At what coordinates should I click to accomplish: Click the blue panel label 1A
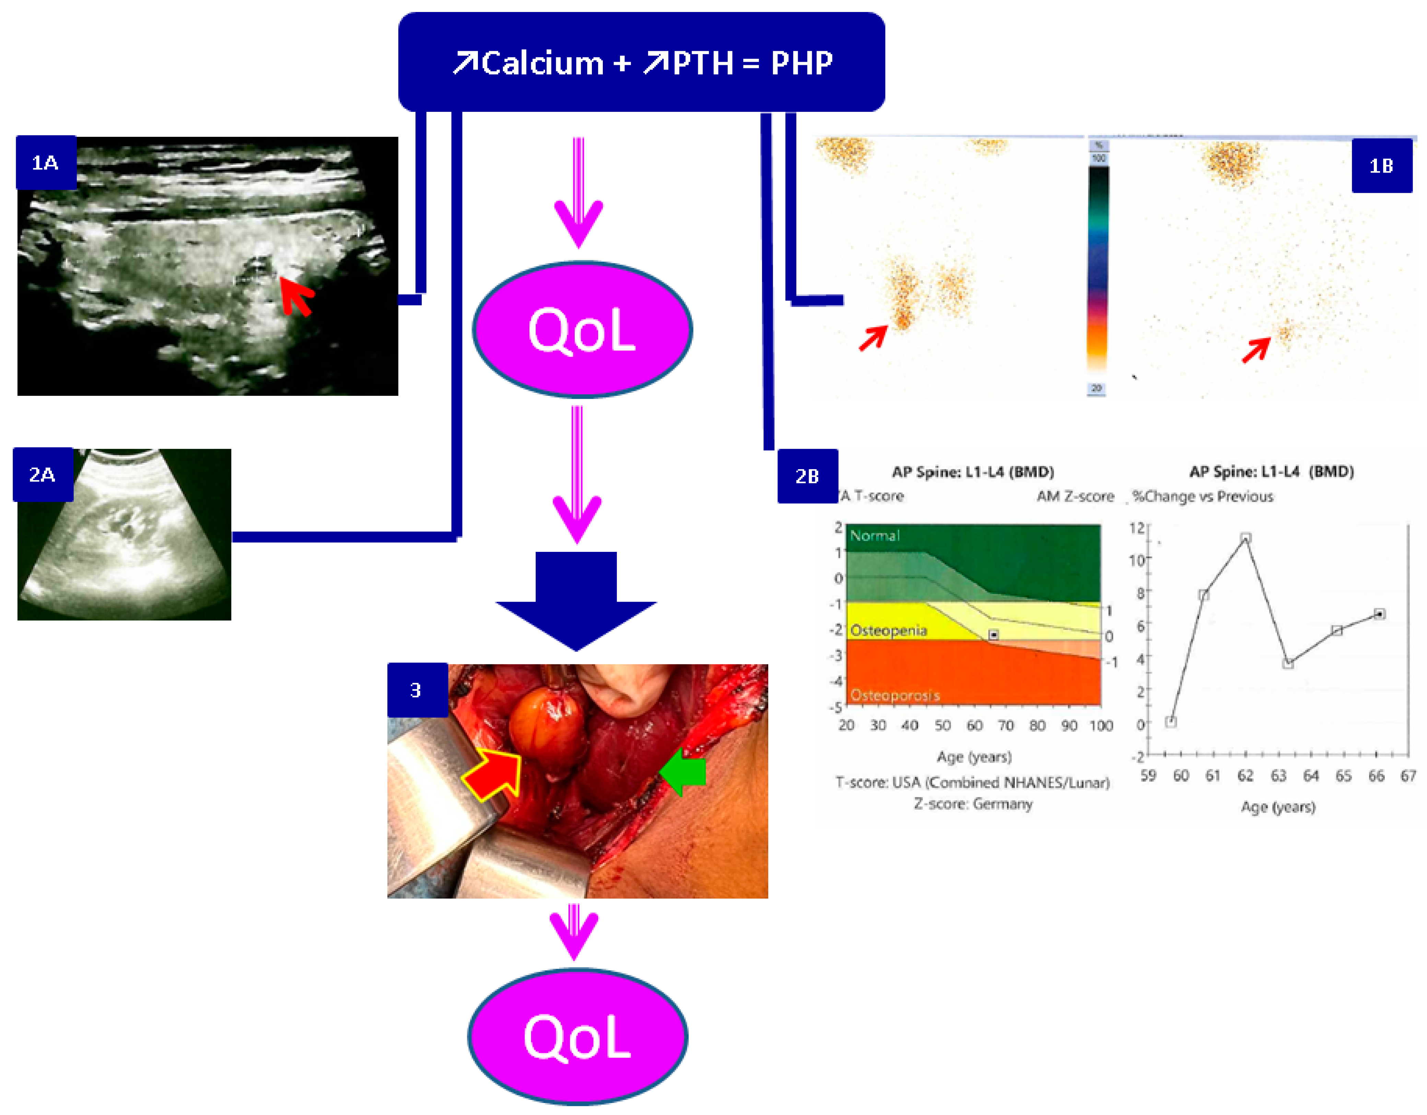[x=46, y=163]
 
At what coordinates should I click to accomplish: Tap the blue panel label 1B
[x=1381, y=166]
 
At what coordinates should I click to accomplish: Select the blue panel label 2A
[x=43, y=475]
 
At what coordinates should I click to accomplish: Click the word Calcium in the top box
[x=542, y=63]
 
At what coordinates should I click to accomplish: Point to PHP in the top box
[x=802, y=63]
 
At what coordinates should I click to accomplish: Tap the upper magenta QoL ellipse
[x=582, y=330]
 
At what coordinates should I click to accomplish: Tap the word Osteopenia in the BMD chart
[x=888, y=630]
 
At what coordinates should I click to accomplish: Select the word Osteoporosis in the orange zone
[x=894, y=696]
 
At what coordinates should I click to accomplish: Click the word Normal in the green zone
[x=874, y=536]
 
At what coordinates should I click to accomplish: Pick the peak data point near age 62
[x=1245, y=538]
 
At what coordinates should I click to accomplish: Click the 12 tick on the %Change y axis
[x=1137, y=527]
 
